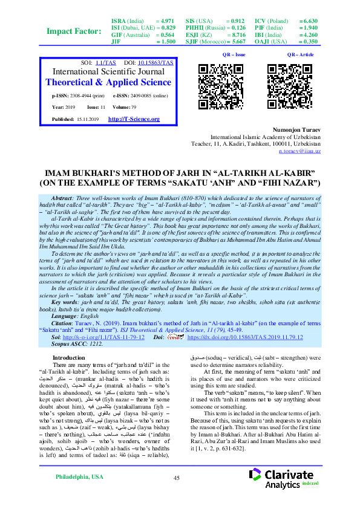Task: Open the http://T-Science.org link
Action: point(133,119)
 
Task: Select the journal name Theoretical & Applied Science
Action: point(108,82)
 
